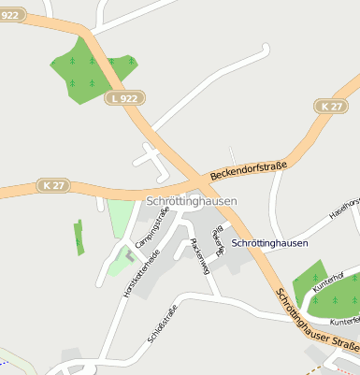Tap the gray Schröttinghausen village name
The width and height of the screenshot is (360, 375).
[x=192, y=201]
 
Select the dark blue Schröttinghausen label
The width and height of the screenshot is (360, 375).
[x=268, y=242]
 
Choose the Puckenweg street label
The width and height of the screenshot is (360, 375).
[x=198, y=254]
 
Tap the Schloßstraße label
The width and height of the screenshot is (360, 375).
[x=162, y=328]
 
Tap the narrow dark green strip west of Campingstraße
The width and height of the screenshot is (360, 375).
[x=79, y=238]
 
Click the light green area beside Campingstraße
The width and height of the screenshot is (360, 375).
[x=120, y=218]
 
